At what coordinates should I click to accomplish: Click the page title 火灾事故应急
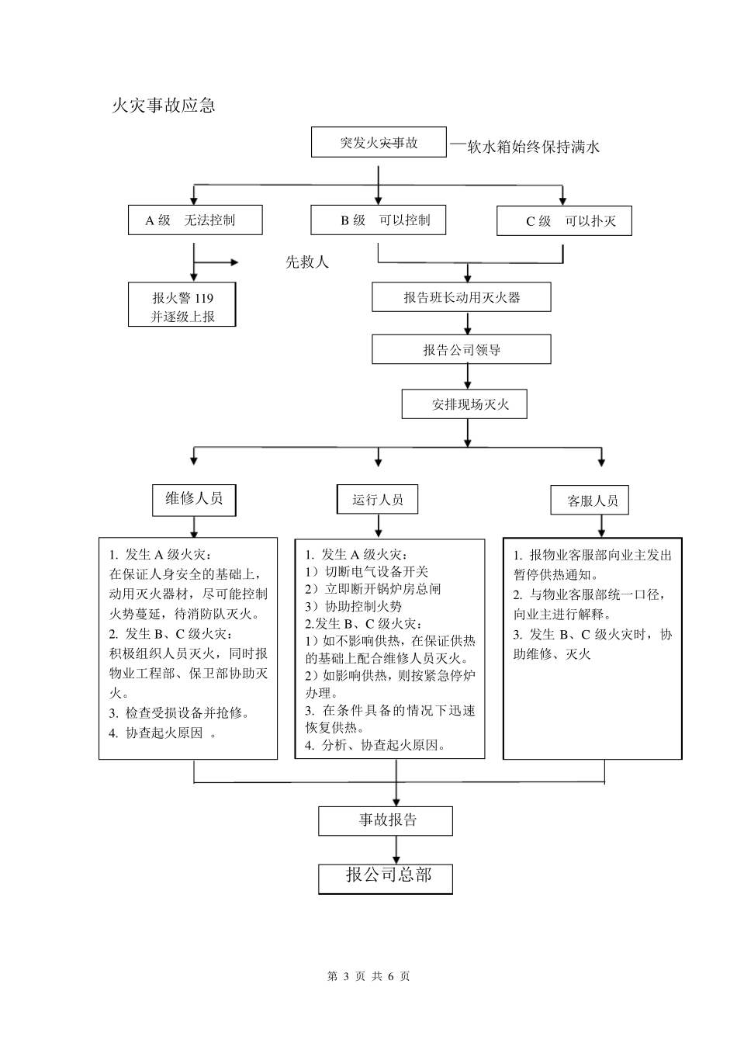(163, 105)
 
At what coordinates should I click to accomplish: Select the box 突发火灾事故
(379, 143)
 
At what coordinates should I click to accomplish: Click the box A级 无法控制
(195, 220)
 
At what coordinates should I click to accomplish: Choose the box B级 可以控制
(379, 220)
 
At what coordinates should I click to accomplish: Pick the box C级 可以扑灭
(564, 221)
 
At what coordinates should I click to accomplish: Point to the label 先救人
(307, 262)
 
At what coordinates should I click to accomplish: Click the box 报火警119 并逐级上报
(182, 307)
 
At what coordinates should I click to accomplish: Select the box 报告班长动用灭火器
(462, 297)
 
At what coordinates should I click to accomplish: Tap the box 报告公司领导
(462, 350)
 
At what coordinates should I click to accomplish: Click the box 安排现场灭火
(465, 404)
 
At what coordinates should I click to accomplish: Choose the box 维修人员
(194, 499)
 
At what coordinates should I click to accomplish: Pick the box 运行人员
(378, 500)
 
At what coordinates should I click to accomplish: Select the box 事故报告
(386, 820)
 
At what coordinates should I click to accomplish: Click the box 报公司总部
(386, 877)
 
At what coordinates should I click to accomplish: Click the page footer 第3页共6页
(368, 976)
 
